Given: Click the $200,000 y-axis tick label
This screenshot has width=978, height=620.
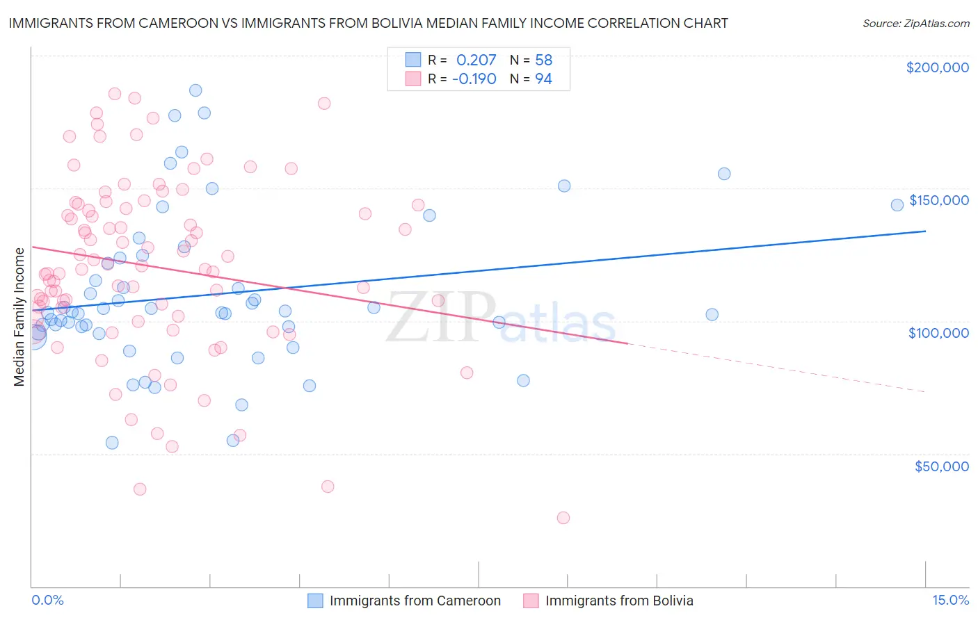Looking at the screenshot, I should [x=937, y=67].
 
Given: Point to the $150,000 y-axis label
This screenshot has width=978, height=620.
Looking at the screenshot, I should [x=938, y=200].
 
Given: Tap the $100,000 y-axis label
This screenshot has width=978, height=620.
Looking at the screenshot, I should [x=938, y=333].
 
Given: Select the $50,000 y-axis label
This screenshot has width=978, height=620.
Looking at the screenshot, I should [x=941, y=466].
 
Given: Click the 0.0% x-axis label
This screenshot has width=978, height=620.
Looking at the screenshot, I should [x=47, y=600].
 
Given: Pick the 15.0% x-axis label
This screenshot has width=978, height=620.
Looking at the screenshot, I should [x=950, y=600].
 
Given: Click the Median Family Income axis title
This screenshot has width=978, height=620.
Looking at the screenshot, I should [x=19, y=316].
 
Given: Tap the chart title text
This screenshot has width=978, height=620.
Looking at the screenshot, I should [x=368, y=23].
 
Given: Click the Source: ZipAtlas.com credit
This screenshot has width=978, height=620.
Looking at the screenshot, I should [x=915, y=24].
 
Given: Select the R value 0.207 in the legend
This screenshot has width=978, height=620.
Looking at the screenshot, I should [x=476, y=60].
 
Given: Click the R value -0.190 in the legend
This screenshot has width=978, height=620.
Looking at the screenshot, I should [x=474, y=79].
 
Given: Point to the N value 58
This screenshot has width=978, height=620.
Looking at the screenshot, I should [x=543, y=60].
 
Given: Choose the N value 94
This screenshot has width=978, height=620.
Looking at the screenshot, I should [x=543, y=79].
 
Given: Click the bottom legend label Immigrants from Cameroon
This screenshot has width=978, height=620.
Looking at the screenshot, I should [x=415, y=601].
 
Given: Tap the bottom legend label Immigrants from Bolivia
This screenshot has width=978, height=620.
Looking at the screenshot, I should [x=619, y=601].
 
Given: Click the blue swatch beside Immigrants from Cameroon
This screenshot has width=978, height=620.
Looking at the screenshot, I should [x=315, y=601].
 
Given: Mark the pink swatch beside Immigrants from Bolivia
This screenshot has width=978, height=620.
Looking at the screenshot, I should [x=531, y=601].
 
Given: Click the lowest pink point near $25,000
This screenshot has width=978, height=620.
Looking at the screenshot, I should [x=563, y=518].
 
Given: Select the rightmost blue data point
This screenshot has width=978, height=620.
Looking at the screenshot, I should [x=897, y=204].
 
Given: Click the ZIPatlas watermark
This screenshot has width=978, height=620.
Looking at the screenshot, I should [x=501, y=318].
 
